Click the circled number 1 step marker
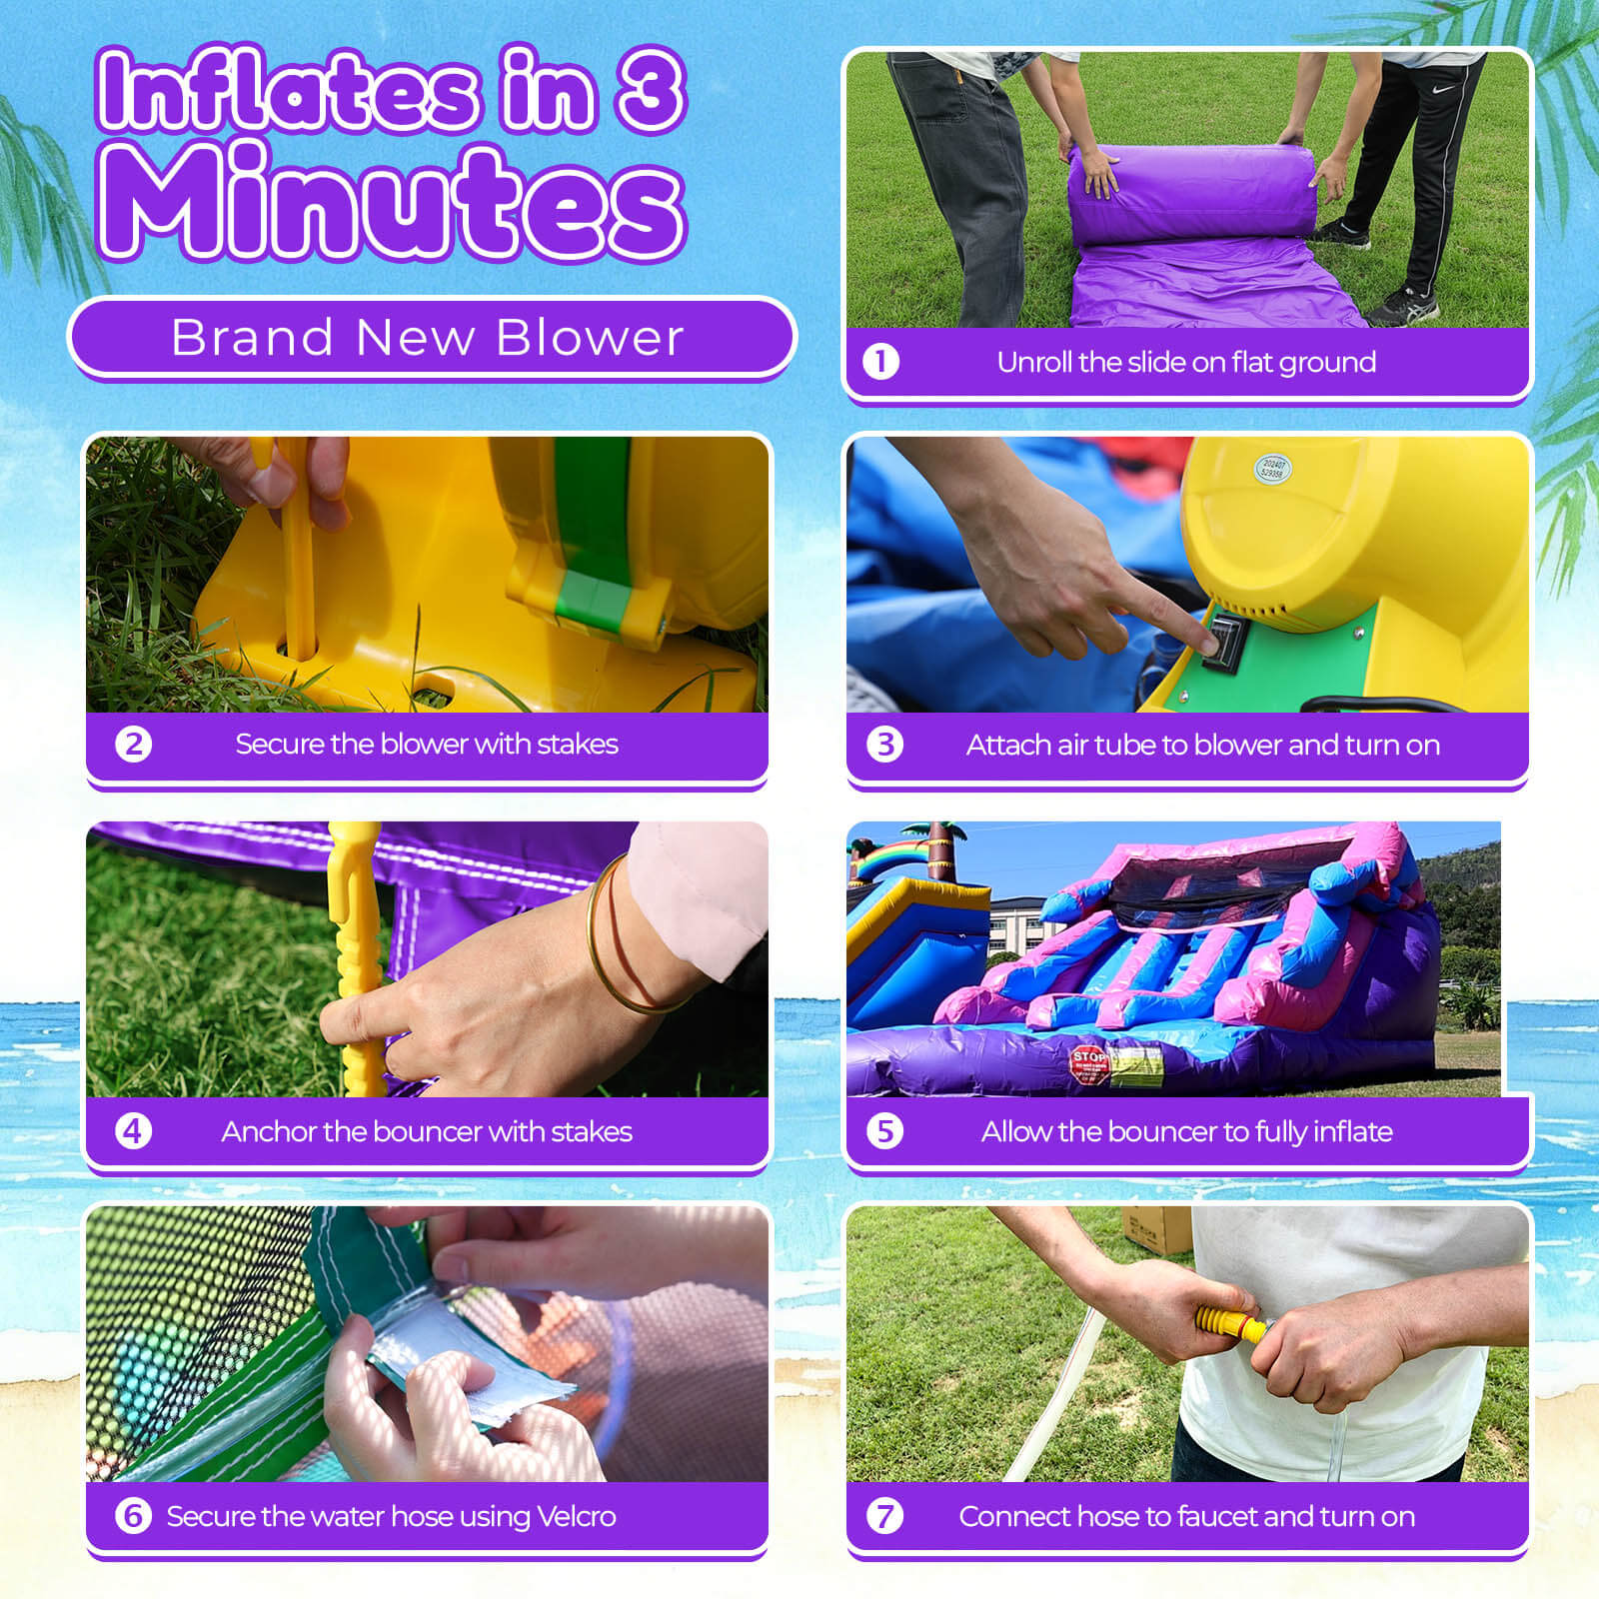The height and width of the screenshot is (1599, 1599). [x=880, y=362]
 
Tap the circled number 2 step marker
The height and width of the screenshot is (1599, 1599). [x=133, y=745]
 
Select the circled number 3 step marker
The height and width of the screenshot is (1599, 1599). [x=884, y=745]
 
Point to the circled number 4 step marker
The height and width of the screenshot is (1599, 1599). [x=133, y=1131]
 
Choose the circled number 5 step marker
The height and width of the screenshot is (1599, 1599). [x=884, y=1131]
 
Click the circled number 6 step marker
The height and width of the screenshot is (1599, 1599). [x=133, y=1516]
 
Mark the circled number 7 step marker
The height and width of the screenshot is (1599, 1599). [x=884, y=1516]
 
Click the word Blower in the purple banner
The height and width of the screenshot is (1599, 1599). [x=590, y=338]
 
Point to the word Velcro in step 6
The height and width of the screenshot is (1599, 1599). [x=576, y=1516]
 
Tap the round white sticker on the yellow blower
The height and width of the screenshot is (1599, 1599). [x=1272, y=468]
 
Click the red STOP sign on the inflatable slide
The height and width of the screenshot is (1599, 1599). [x=1088, y=1062]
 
